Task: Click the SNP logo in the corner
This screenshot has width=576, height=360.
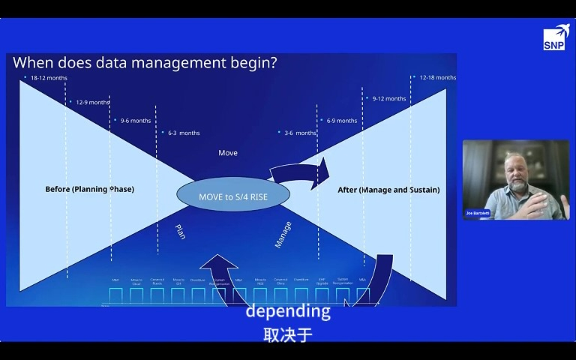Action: [554, 39]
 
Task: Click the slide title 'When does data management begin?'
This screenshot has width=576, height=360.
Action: [145, 63]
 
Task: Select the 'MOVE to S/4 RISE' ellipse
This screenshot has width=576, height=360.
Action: [233, 196]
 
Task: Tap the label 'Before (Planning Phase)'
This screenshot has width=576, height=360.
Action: [89, 189]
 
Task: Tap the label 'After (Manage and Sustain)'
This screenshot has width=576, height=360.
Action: [388, 190]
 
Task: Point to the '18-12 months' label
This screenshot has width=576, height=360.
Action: [47, 78]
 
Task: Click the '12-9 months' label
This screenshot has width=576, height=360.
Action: [92, 102]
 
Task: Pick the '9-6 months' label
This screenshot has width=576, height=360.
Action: [136, 121]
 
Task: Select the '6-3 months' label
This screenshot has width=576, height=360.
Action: [184, 133]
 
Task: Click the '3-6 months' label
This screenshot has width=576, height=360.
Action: [300, 133]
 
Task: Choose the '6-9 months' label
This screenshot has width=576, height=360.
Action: [342, 121]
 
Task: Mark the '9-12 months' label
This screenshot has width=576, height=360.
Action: [389, 98]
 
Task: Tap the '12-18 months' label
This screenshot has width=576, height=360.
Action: [437, 77]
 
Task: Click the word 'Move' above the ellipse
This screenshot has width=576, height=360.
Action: [228, 153]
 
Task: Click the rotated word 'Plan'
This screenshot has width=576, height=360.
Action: [180, 232]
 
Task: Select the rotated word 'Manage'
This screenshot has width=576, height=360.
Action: [283, 234]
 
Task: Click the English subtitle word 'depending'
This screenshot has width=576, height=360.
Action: [288, 311]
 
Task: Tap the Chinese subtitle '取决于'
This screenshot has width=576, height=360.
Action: [288, 334]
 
